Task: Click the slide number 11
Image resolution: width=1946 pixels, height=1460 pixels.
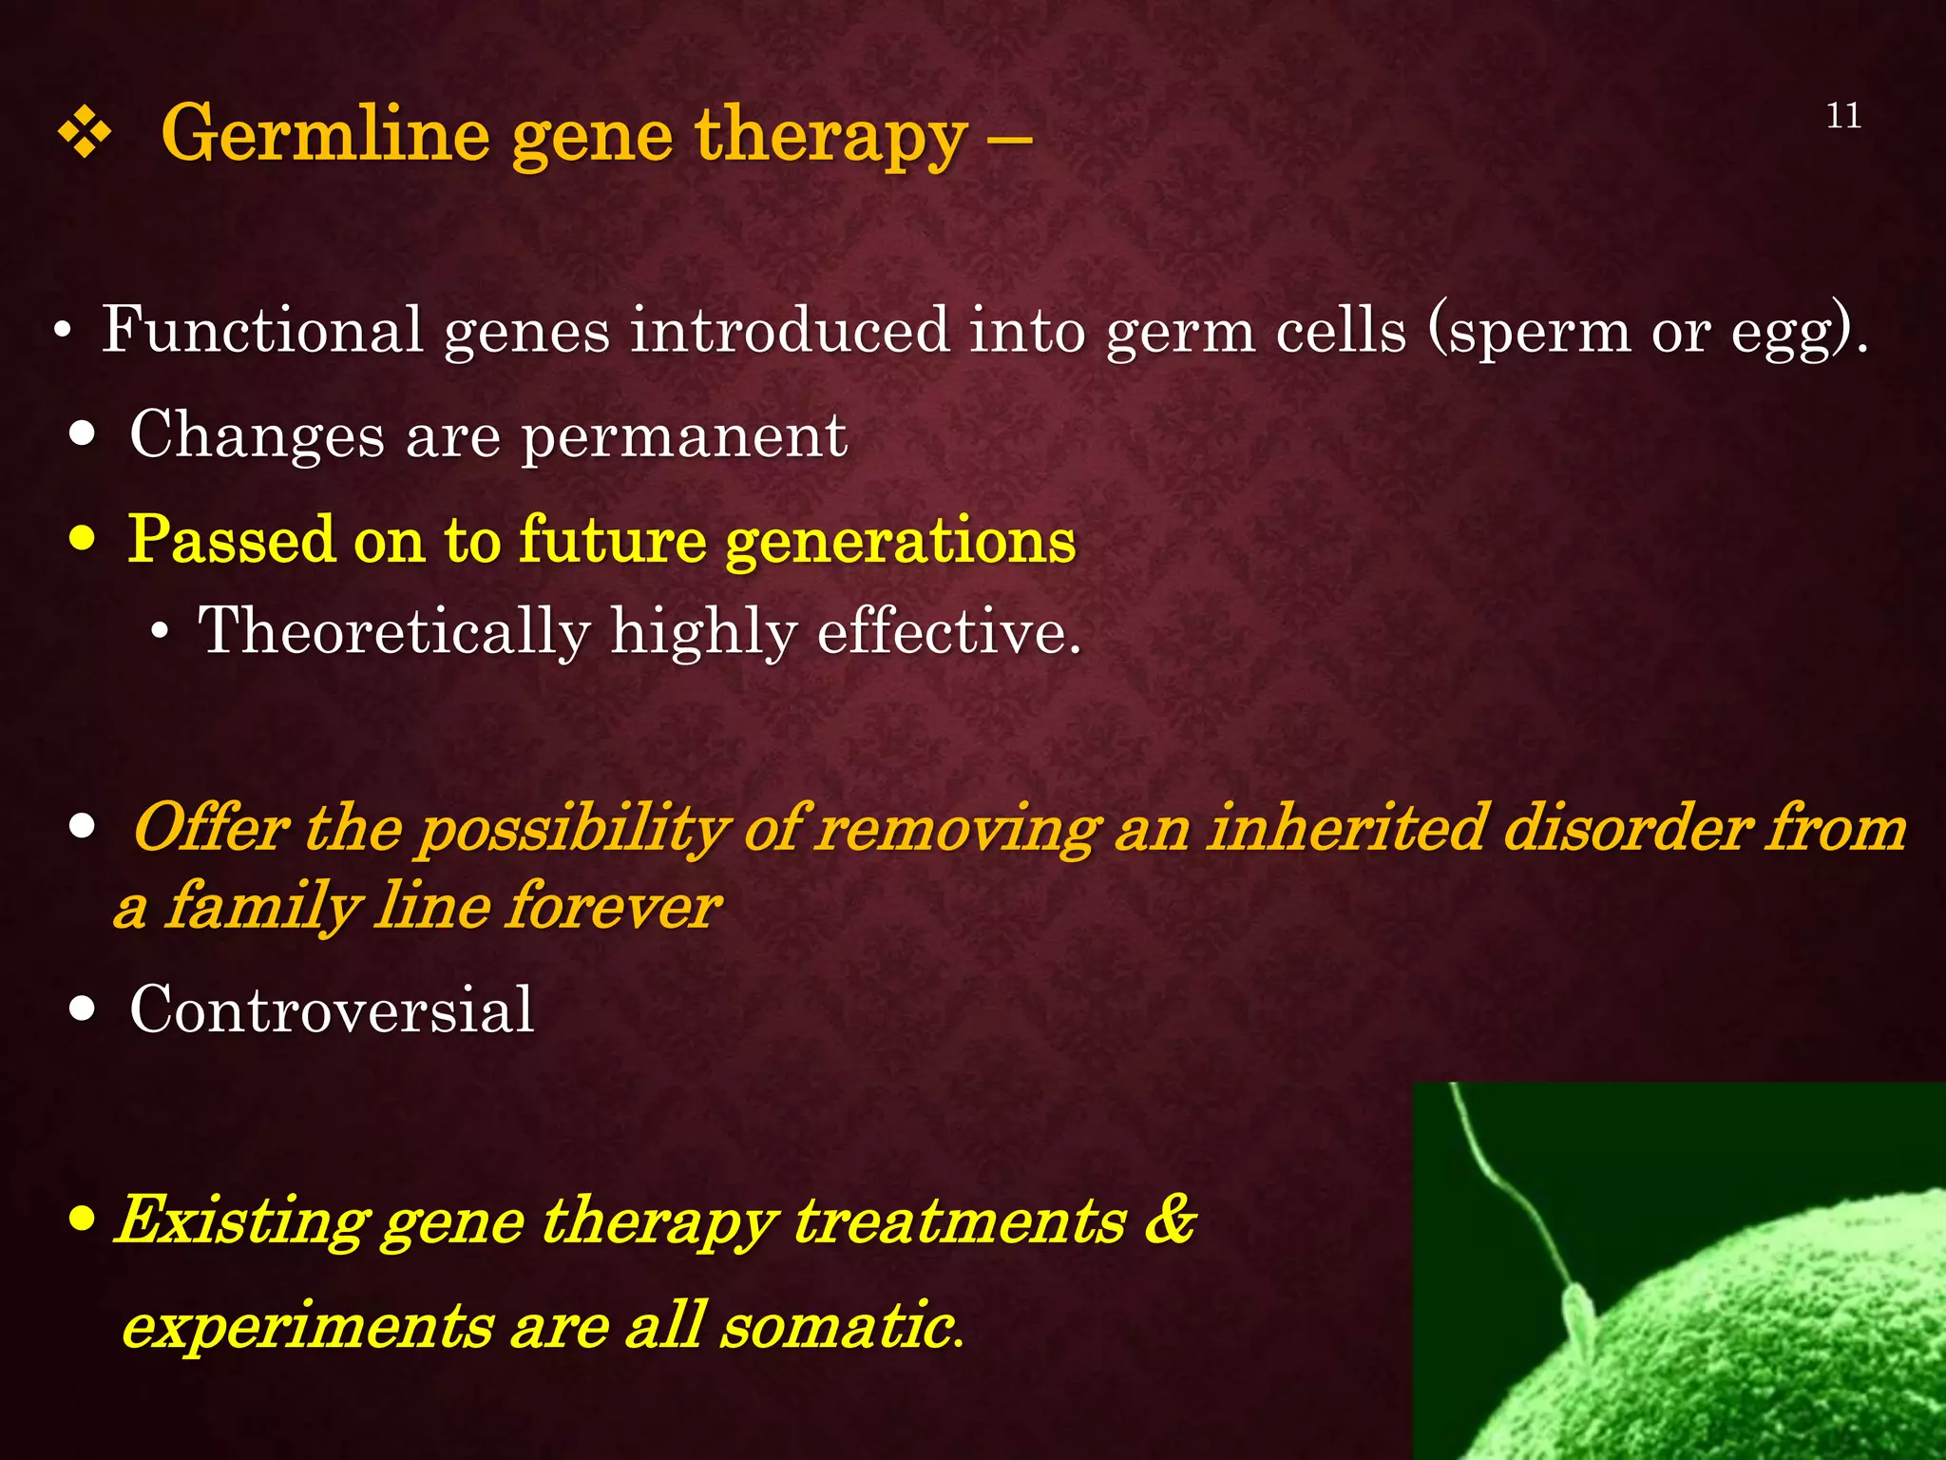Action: (x=1843, y=116)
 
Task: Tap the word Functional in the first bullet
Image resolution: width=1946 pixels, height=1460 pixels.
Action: (x=262, y=330)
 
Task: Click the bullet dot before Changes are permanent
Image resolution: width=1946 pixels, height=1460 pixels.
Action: (x=83, y=434)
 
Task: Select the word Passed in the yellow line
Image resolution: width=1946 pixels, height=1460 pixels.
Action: (x=232, y=539)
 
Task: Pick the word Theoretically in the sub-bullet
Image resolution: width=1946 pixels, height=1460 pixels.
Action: (x=394, y=632)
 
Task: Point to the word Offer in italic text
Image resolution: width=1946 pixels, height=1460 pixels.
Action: (x=211, y=827)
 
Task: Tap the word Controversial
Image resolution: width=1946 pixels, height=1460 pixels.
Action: (x=332, y=1009)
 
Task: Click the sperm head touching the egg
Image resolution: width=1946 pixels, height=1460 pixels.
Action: (x=1579, y=1321)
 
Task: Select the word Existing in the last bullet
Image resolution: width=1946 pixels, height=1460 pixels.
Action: (x=241, y=1220)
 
